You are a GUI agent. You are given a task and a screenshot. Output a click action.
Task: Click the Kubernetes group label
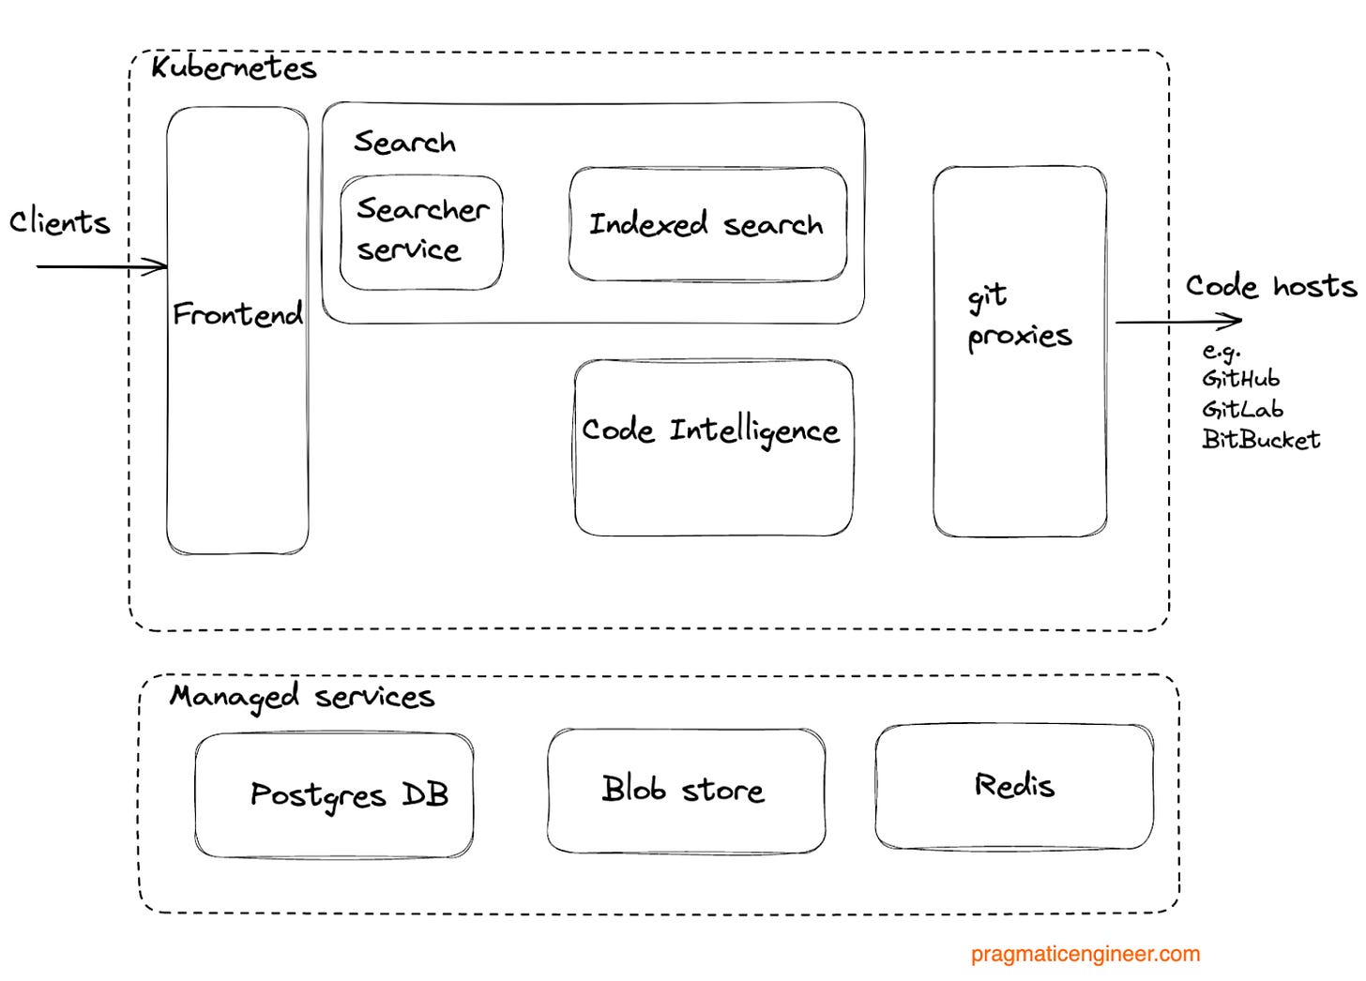[234, 68]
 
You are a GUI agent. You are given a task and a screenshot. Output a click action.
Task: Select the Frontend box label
[237, 314]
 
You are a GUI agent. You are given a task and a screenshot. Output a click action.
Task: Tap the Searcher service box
[421, 231]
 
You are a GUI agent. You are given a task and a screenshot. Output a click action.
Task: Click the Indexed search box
[706, 224]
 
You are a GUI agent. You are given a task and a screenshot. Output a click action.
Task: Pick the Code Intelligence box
[712, 446]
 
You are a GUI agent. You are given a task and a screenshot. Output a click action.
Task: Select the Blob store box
[685, 790]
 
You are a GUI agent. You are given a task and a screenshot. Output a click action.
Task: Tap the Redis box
[1014, 785]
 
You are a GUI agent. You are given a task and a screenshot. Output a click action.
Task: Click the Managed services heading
[301, 697]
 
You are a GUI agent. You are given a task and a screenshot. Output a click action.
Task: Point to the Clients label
[59, 222]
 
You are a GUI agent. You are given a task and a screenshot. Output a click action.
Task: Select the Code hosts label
[1270, 286]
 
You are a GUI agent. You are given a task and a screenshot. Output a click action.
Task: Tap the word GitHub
[1240, 379]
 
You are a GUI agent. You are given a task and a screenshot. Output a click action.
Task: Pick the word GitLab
[1242, 410]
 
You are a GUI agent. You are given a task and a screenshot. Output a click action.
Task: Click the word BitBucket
[1261, 440]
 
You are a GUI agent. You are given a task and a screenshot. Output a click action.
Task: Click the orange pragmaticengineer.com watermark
[1085, 955]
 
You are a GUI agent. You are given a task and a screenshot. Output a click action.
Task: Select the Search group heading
[404, 143]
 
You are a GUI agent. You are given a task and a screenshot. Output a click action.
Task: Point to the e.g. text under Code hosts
[1222, 352]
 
